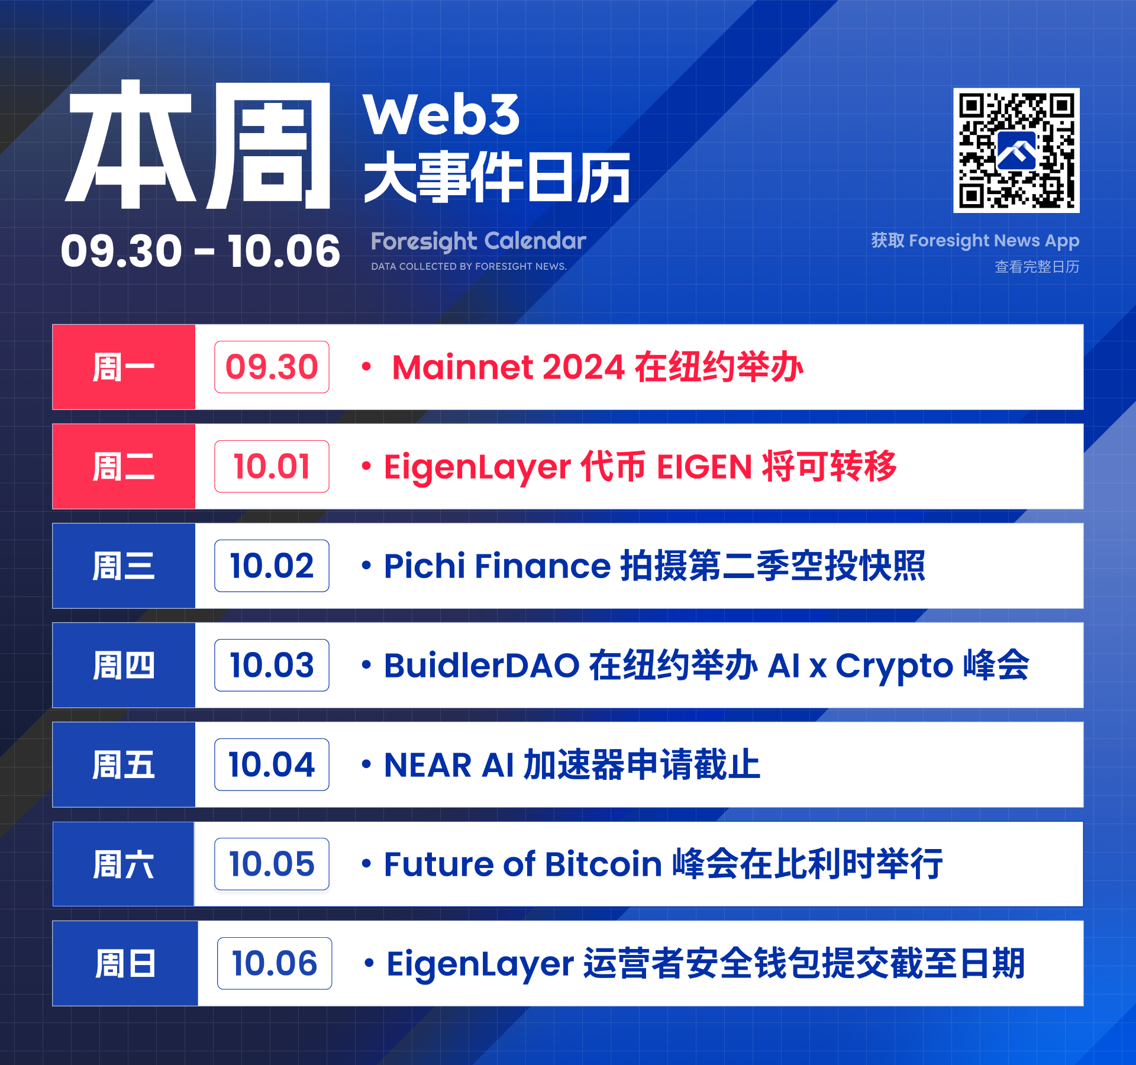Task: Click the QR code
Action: click(1016, 150)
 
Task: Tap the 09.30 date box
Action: click(272, 367)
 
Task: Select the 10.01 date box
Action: click(272, 466)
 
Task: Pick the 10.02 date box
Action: click(272, 566)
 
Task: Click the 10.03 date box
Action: click(272, 665)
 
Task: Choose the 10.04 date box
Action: click(272, 764)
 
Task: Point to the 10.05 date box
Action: click(272, 864)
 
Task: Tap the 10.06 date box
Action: click(275, 963)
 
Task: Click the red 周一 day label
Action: click(124, 367)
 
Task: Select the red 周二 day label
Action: click(124, 466)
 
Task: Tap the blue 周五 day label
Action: click(124, 764)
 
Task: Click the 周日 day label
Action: click(125, 963)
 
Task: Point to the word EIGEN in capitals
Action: click(704, 467)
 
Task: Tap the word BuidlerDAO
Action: click(482, 665)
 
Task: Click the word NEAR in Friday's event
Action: click(428, 765)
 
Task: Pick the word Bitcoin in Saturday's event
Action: click(603, 864)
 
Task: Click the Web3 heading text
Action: click(441, 114)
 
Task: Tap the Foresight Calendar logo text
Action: click(478, 241)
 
